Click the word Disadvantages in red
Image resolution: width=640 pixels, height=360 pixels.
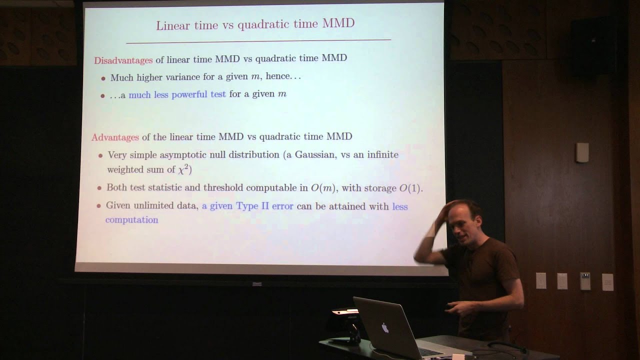[123, 60]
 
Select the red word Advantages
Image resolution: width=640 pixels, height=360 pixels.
[115, 137]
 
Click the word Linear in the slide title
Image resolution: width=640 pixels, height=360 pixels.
[171, 25]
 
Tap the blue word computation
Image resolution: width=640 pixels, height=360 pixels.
[131, 219]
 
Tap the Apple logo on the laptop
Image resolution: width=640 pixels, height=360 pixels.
[385, 328]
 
